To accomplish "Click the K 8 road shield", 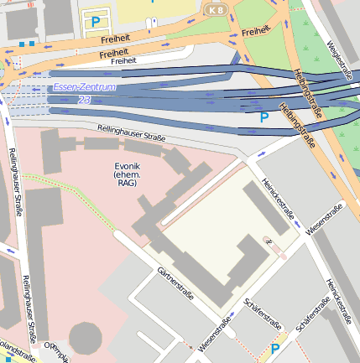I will click(217, 9).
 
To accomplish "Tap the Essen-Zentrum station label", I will click(84, 87).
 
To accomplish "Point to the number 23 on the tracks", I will click(84, 99).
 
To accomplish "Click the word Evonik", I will click(128, 166).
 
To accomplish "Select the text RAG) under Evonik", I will click(128, 183).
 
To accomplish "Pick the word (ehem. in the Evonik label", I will click(128, 174).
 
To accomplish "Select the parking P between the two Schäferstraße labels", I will click(274, 349).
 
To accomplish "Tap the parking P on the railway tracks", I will click(264, 117).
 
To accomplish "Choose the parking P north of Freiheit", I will click(96, 21).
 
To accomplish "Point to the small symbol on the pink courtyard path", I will click(269, 241).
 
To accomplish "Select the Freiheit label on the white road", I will click(123, 60).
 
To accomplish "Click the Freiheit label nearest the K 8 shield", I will click(255, 31).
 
